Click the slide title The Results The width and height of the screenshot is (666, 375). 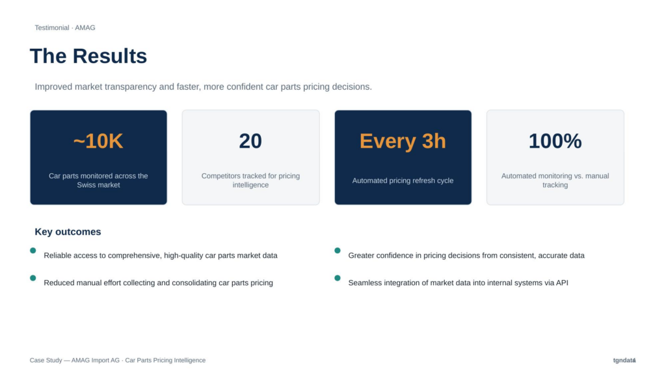(88, 56)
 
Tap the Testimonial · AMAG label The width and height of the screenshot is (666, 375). (65, 27)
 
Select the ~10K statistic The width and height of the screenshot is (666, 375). (98, 141)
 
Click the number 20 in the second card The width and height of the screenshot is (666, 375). (250, 141)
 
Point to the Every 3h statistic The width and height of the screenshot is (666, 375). (403, 141)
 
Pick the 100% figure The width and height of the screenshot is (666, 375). (555, 141)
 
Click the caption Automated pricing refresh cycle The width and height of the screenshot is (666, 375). (403, 181)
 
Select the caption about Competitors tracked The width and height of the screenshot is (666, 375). (250, 180)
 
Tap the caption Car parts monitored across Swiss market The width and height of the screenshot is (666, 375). (98, 180)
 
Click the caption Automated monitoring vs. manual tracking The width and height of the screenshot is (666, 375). (555, 180)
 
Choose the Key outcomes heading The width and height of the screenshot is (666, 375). (68, 232)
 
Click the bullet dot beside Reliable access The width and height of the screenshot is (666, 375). (33, 251)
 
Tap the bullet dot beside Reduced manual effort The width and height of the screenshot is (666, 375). (33, 278)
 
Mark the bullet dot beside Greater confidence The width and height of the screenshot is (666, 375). (338, 251)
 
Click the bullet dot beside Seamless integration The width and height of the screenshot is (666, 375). (338, 278)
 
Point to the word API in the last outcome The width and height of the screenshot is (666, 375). (562, 283)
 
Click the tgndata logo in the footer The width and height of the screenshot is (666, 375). (624, 360)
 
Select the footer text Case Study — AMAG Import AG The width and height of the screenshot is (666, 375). (75, 360)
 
